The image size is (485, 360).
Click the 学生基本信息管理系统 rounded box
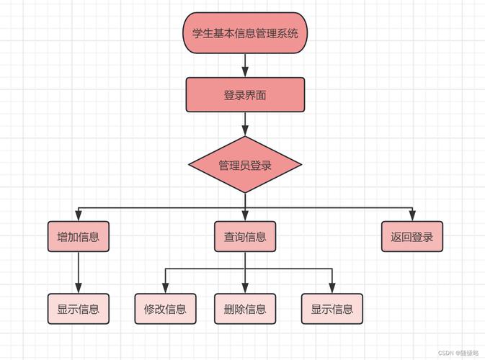pyautogui.click(x=245, y=33)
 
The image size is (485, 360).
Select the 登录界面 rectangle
pyautogui.click(x=245, y=95)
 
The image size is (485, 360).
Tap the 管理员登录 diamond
pyautogui.click(x=245, y=165)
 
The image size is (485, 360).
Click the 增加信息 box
pyautogui.click(x=78, y=237)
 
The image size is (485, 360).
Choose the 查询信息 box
pyautogui.click(x=245, y=237)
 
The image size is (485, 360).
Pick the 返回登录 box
pyautogui.click(x=411, y=237)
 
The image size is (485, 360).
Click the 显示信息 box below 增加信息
pyautogui.click(x=78, y=309)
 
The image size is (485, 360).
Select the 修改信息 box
pyautogui.click(x=165, y=309)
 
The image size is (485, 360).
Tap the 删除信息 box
pyautogui.click(x=245, y=309)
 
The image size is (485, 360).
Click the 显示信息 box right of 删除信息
pyautogui.click(x=332, y=309)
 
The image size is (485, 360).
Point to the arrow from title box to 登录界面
pyautogui.click(x=245, y=66)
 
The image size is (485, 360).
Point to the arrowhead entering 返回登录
pyautogui.click(x=411, y=217)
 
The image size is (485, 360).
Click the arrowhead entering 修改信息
pyautogui.click(x=165, y=289)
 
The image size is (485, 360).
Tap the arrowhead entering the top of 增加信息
pyautogui.click(x=78, y=217)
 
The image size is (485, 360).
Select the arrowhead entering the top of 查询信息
pyautogui.click(x=245, y=217)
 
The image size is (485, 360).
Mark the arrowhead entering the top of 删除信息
pyautogui.click(x=245, y=289)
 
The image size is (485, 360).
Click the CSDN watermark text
pyautogui.click(x=458, y=354)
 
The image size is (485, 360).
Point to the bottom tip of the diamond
pyautogui.click(x=245, y=193)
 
